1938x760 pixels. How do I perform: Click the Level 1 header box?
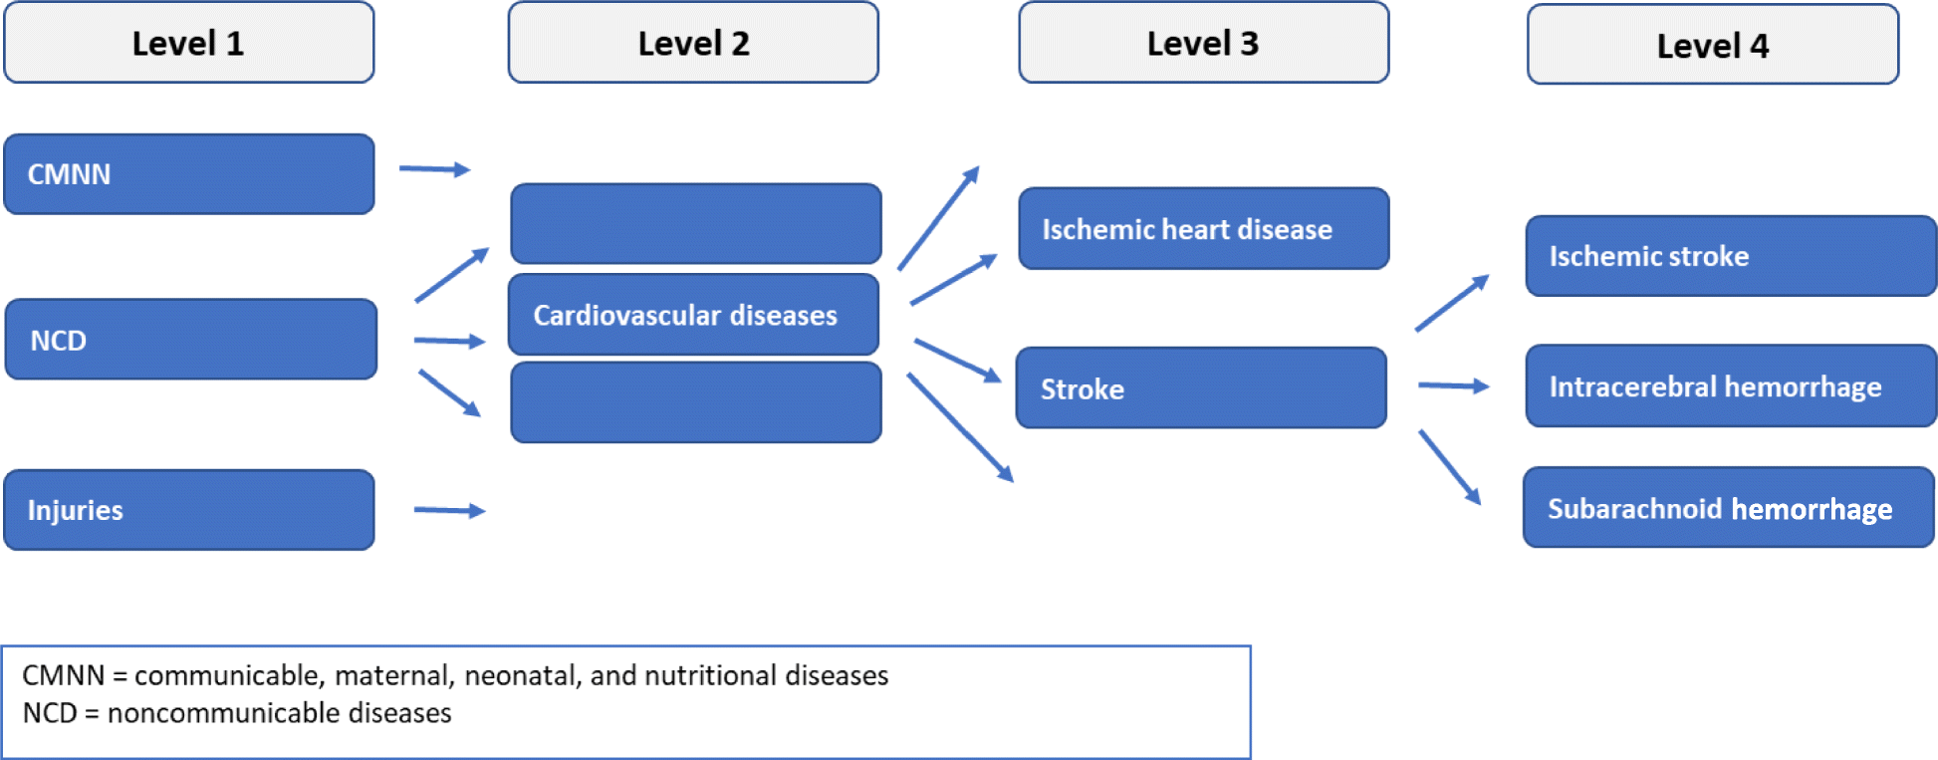click(188, 43)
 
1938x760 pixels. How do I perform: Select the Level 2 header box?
click(693, 43)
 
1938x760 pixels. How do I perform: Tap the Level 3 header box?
click(1203, 43)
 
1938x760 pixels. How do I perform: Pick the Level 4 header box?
click(1712, 45)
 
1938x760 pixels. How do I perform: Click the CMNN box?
click(188, 174)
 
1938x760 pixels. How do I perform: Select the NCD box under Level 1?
click(190, 340)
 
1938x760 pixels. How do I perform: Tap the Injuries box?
click(188, 510)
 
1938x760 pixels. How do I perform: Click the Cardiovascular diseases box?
click(693, 315)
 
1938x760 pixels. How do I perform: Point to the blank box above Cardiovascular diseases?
click(695, 223)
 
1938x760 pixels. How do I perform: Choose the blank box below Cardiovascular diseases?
click(695, 402)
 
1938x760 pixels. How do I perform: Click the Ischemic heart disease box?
click(1203, 229)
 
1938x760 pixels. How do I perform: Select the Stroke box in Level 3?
click(1200, 388)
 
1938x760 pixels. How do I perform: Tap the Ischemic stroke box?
click(1730, 256)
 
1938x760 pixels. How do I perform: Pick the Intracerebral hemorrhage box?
click(1730, 386)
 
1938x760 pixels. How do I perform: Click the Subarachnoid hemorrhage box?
click(1728, 508)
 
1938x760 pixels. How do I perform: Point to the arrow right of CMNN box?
click(434, 169)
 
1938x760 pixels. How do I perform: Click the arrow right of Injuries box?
click(449, 511)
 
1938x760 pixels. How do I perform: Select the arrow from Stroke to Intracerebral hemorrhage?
click(1453, 385)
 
